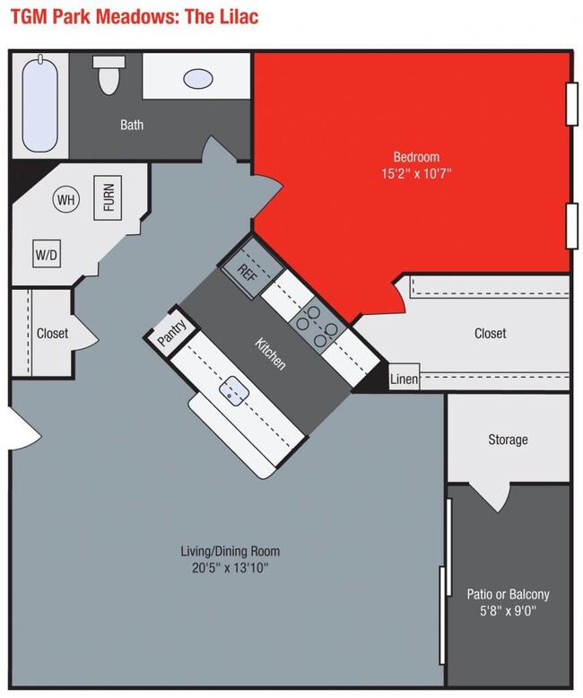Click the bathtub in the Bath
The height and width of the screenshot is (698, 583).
point(39,106)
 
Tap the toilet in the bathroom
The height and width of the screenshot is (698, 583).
point(110,74)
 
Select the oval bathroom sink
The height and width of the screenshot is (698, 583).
point(198,78)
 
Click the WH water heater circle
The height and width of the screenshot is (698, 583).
point(65,200)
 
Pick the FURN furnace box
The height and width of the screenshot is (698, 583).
point(109,197)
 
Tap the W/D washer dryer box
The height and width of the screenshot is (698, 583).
point(47,255)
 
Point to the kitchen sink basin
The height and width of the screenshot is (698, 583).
point(234,390)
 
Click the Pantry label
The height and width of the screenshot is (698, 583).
point(170,333)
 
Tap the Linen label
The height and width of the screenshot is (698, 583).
point(404,380)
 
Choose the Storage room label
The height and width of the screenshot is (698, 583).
point(508,440)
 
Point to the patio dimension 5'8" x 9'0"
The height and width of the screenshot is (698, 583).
point(508,612)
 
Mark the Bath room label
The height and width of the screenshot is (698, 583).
point(132,125)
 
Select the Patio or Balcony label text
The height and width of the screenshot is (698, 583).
point(508,594)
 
